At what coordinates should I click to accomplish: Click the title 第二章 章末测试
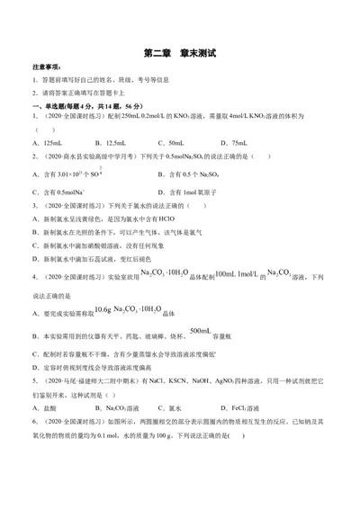pos(179,53)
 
